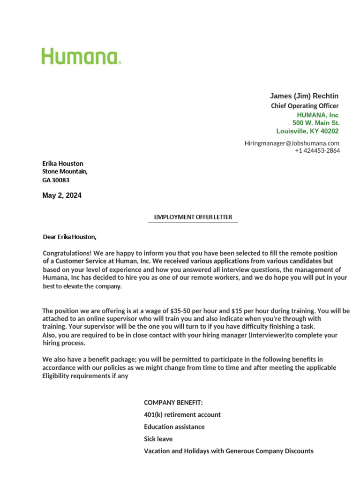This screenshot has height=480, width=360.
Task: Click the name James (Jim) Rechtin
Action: [304, 96]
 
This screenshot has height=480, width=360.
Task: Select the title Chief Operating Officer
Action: [305, 106]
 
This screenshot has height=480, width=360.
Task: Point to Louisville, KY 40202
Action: [307, 131]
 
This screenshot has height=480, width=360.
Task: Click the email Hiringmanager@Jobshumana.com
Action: [292, 143]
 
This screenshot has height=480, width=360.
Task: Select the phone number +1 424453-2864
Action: [317, 150]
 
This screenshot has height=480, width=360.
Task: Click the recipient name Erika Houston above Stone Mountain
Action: [63, 164]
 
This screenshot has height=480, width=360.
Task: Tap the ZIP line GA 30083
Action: [56, 180]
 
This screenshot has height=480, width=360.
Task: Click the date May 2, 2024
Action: [62, 195]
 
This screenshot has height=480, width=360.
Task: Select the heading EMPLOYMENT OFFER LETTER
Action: [193, 217]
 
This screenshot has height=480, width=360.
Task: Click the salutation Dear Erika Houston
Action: [70, 237]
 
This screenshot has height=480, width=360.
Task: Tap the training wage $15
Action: [237, 311]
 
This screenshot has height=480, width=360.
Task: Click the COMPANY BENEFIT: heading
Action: [173, 403]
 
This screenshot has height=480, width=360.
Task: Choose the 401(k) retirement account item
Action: [182, 415]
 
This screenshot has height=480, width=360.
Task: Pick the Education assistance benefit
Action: [174, 427]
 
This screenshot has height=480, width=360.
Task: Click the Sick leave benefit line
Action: [158, 439]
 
